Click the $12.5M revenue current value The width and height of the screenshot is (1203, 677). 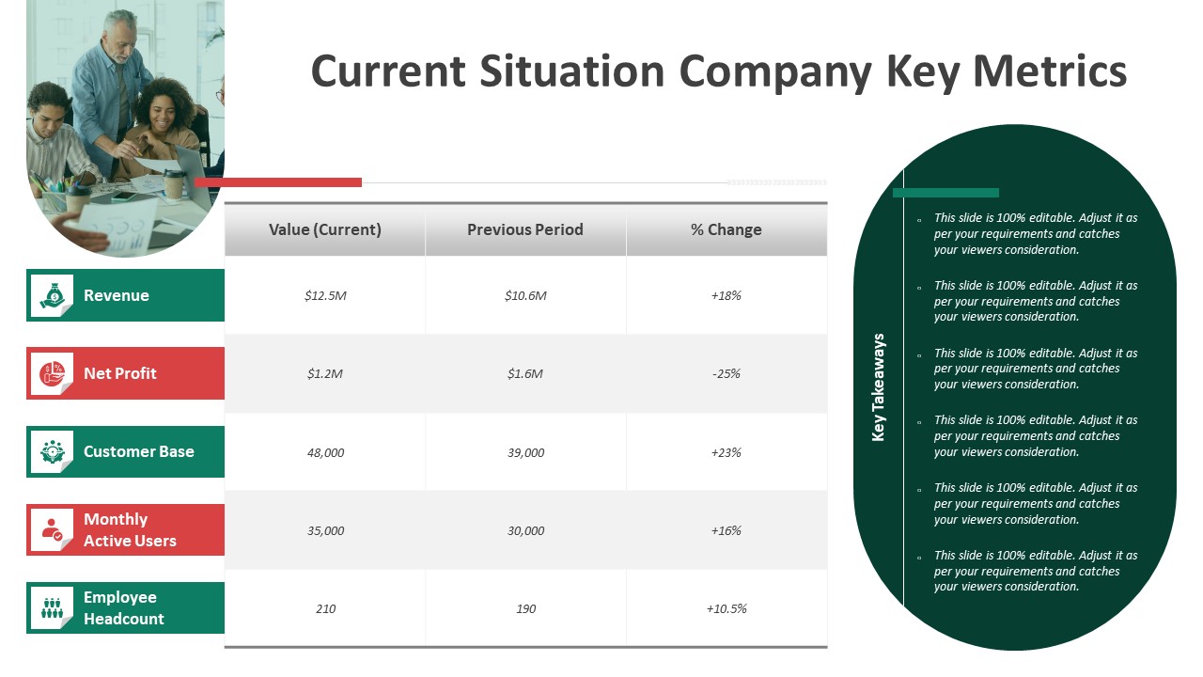click(325, 295)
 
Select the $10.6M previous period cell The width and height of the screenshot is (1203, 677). click(525, 295)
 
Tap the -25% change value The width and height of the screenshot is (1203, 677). click(726, 373)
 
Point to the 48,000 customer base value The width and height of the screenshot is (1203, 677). click(325, 452)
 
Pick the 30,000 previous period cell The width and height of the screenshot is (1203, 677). click(525, 530)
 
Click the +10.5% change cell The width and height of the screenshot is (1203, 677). click(726, 608)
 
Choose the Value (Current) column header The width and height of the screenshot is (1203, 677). click(325, 229)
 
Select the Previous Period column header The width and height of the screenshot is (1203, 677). click(525, 229)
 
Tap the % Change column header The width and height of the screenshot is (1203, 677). click(726, 229)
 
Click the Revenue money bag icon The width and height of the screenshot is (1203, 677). click(52, 295)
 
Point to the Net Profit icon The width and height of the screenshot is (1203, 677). click(52, 373)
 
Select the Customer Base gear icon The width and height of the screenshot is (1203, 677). click(52, 451)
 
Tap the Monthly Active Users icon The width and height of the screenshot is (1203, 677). click(52, 529)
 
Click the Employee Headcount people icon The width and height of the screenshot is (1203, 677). click(52, 607)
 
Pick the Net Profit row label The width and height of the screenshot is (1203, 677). click(120, 373)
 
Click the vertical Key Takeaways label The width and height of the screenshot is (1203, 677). click(879, 386)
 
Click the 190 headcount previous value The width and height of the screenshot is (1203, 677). click(525, 608)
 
